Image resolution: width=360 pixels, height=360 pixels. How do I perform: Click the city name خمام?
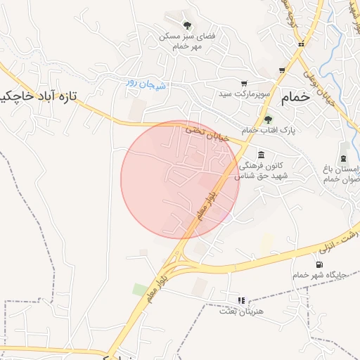(294, 98)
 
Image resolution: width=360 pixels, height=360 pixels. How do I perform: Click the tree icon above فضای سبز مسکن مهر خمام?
(186, 25)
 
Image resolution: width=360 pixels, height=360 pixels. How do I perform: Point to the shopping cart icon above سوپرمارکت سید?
(244, 83)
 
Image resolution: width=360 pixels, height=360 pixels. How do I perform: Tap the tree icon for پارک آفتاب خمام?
(268, 119)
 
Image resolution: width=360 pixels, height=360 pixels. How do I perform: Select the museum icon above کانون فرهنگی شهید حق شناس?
(261, 155)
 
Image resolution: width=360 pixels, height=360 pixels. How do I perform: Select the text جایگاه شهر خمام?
(320, 275)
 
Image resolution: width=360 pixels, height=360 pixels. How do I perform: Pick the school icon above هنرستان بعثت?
(241, 300)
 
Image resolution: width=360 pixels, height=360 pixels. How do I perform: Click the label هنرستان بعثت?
(250, 311)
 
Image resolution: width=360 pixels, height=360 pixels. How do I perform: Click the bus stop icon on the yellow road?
(301, 45)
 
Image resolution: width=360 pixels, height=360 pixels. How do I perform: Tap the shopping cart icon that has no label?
(282, 70)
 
